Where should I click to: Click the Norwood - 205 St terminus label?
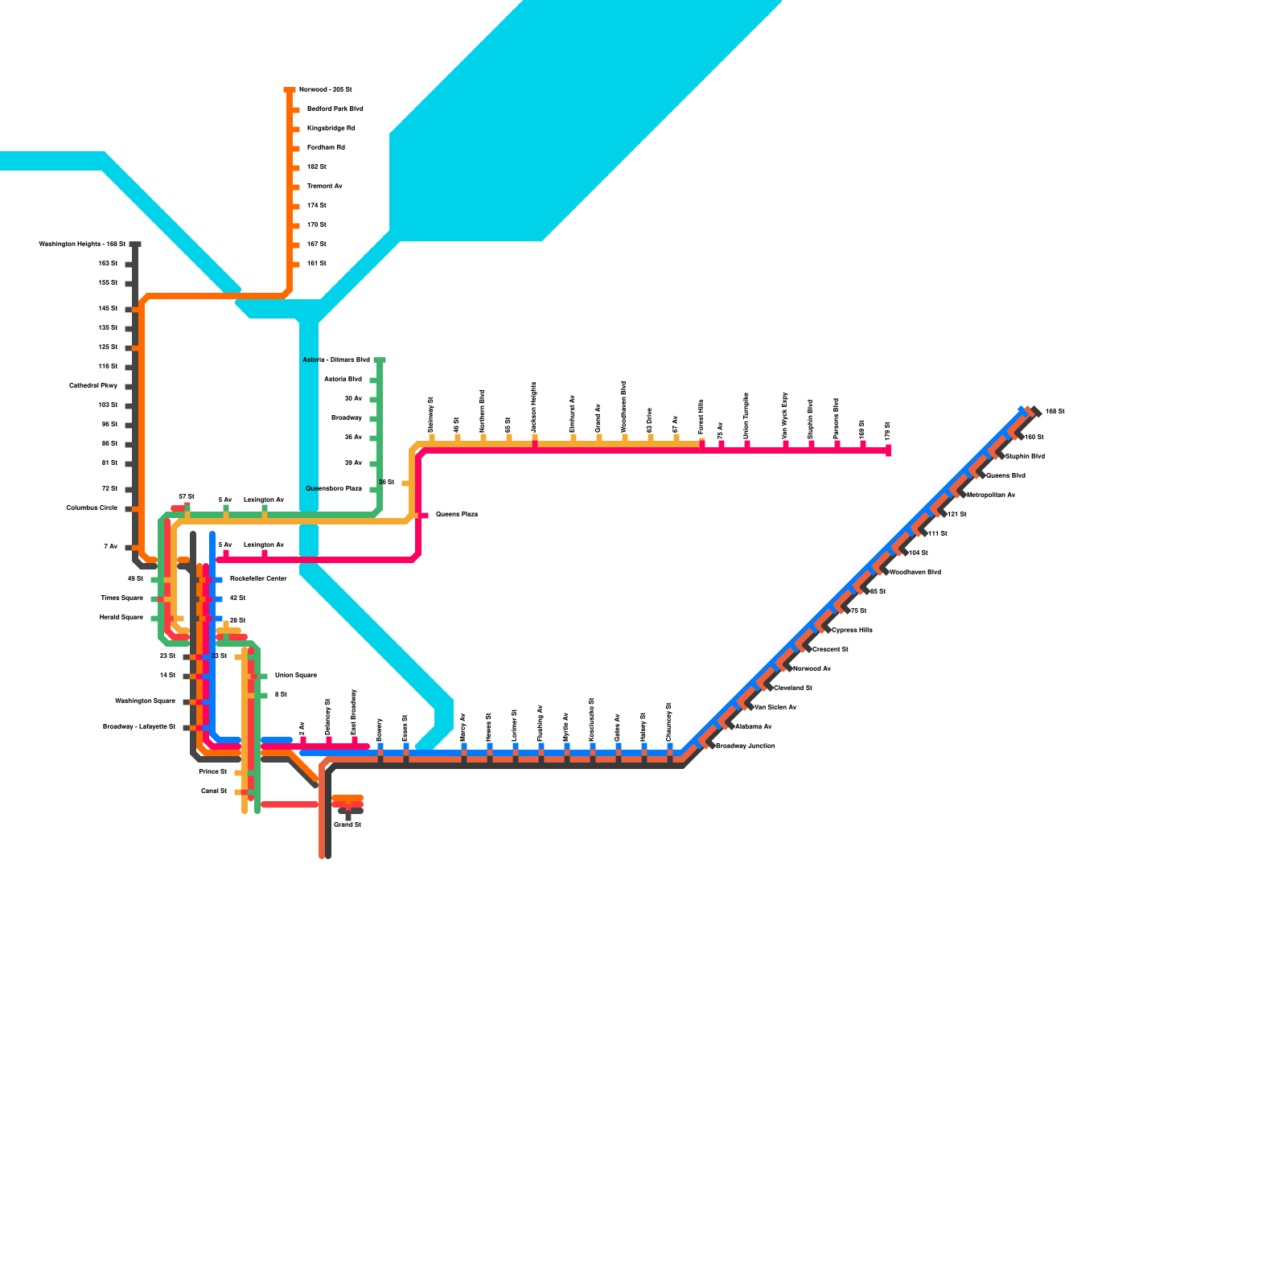(x=325, y=89)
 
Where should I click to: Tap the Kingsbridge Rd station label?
(x=331, y=128)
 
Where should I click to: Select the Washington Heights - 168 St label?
(x=82, y=244)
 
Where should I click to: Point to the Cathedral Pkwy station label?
(x=93, y=385)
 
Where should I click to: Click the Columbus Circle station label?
(x=92, y=508)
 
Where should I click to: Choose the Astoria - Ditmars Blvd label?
(x=336, y=360)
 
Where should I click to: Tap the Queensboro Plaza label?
(x=334, y=488)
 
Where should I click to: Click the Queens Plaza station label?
(x=456, y=514)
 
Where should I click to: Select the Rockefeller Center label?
(x=258, y=578)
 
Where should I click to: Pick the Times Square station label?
(x=121, y=598)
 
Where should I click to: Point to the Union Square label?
(x=295, y=675)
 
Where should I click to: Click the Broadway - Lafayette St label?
(x=139, y=726)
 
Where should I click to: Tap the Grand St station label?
(x=347, y=824)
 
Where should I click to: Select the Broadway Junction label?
(x=745, y=746)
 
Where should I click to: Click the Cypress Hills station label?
(x=852, y=630)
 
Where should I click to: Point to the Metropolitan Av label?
(x=990, y=495)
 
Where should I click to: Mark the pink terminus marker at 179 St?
(x=889, y=450)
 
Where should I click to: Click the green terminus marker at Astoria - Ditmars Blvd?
(x=380, y=360)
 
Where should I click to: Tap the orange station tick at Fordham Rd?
(x=295, y=148)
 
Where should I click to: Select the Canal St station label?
(x=214, y=791)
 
